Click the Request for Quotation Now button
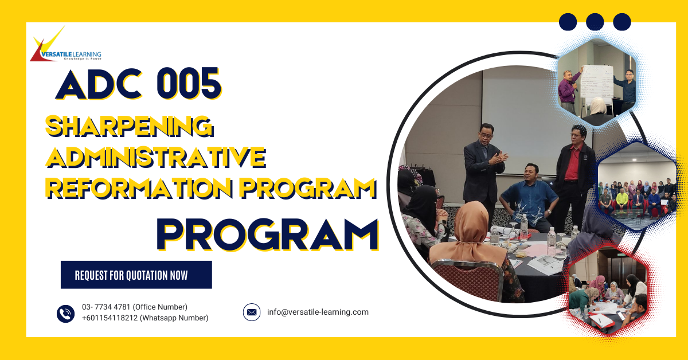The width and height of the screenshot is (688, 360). tap(136, 275)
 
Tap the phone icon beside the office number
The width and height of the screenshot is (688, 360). tap(66, 314)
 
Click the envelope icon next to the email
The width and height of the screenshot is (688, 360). tap(252, 312)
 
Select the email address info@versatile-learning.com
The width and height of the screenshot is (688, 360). tap(318, 312)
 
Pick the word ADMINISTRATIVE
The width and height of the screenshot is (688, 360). tap(156, 156)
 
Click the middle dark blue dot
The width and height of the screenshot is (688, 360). tap(595, 22)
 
